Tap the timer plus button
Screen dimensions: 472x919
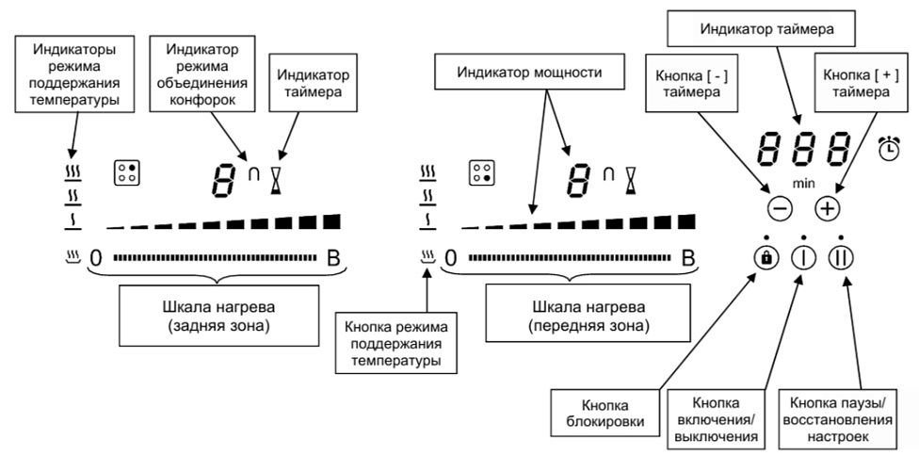(x=826, y=208)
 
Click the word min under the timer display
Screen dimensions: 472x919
(x=802, y=179)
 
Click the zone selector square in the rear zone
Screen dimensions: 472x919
(x=125, y=173)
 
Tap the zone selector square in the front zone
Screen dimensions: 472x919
(x=483, y=173)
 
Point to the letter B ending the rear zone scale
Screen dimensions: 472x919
(x=334, y=257)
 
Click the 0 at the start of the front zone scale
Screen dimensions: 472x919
(x=451, y=257)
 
